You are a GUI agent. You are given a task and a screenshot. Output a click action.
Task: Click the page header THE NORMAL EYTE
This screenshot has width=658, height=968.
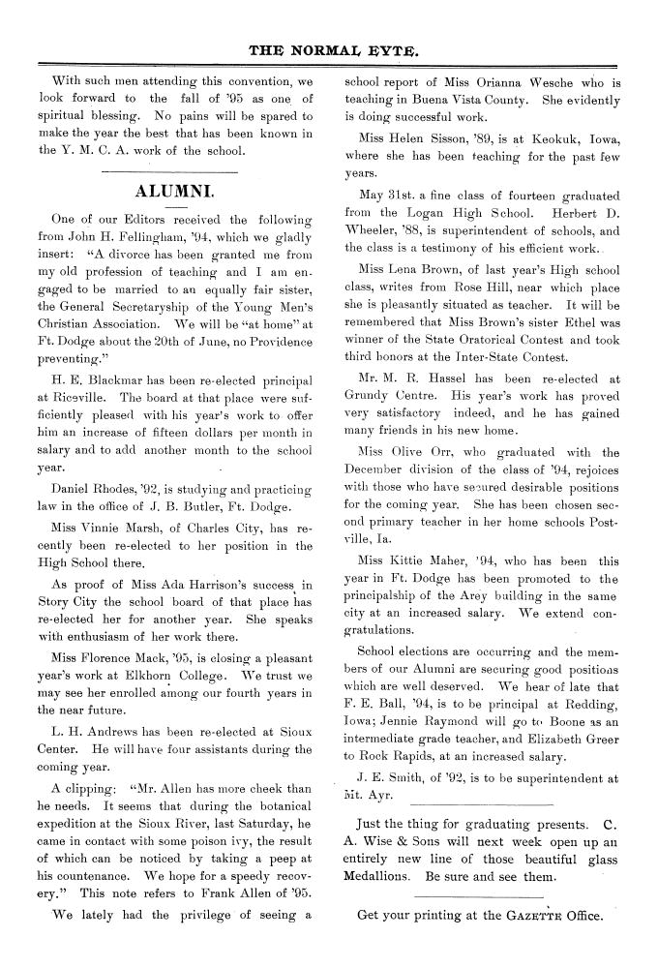pos(328,46)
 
